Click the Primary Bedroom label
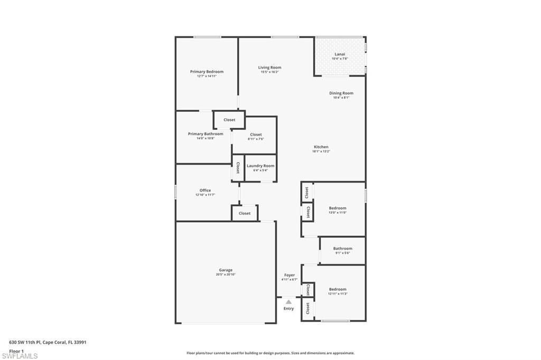point(207,72)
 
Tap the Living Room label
point(269,68)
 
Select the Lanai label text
point(340,54)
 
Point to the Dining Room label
point(341,93)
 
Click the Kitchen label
point(321,147)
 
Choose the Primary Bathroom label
point(206,134)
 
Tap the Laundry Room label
point(260,166)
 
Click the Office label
point(205,191)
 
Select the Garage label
point(226,270)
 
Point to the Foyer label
point(290,275)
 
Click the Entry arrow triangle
point(288,302)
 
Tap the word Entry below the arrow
point(288,309)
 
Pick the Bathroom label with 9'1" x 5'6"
point(342,249)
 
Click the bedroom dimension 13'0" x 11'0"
point(338,213)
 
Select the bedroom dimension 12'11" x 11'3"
point(338,293)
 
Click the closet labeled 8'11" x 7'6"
point(256,139)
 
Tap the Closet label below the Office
point(245,213)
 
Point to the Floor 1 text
point(16,350)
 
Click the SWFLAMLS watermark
point(20,356)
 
